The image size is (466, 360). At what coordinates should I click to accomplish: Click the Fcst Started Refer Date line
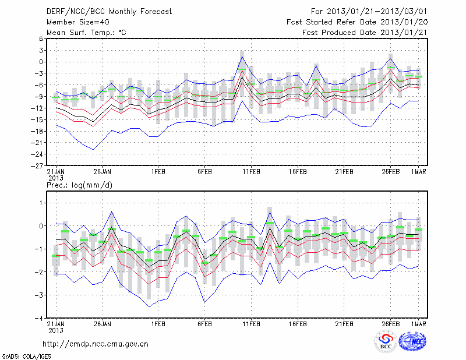(x=357, y=22)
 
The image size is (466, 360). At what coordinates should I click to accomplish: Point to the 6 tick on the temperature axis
(x=41, y=39)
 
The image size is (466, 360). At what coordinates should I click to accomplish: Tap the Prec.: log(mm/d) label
(x=80, y=185)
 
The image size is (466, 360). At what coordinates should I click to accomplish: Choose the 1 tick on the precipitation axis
(x=41, y=203)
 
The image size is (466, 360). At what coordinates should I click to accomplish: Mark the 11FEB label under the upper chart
(x=251, y=172)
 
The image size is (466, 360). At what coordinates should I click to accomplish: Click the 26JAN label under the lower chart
(x=103, y=324)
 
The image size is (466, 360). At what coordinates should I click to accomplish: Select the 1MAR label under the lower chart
(x=419, y=324)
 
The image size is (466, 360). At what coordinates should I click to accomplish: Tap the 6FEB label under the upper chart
(x=204, y=172)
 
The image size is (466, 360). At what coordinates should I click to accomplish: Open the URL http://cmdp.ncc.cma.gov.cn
(x=96, y=344)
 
